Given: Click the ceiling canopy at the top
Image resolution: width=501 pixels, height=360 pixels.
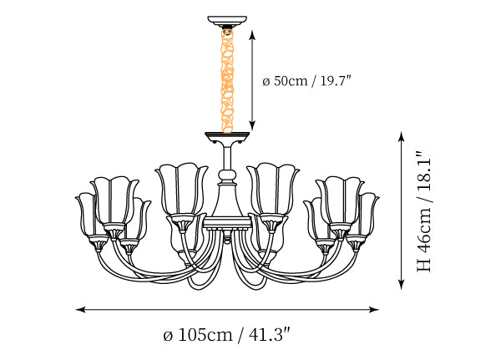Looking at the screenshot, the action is click(x=227, y=21).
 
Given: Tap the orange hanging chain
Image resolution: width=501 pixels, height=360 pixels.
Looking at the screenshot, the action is click(x=227, y=80).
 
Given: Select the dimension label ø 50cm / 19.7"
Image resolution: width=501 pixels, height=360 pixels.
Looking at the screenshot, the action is click(x=306, y=80).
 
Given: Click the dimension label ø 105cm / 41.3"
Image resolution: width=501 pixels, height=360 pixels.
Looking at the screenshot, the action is click(x=226, y=335).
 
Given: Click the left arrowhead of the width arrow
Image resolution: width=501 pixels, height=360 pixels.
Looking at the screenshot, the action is click(x=80, y=309).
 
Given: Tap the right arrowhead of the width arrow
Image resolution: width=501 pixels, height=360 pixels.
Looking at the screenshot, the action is click(x=374, y=309).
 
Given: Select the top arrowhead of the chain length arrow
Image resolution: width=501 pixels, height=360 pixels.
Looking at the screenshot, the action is click(x=252, y=35).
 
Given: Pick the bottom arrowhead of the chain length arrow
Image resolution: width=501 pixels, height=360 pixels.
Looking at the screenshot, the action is click(x=252, y=125).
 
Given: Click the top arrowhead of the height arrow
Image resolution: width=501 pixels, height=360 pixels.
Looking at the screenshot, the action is click(x=401, y=136).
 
